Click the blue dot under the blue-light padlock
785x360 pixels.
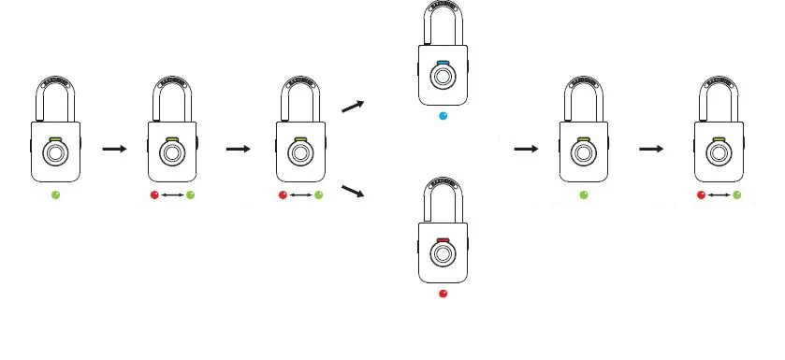(443, 117)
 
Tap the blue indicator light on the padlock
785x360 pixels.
(443, 64)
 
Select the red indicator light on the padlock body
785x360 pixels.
(443, 240)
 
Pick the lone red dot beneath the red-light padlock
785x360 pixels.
(443, 294)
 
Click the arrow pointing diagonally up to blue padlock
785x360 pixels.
(353, 106)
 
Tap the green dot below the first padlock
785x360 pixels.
(56, 194)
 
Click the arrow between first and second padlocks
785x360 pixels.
(113, 149)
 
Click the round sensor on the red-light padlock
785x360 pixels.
(443, 258)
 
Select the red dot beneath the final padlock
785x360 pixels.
(701, 194)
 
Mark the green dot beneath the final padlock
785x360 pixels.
(737, 194)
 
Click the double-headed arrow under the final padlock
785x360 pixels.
(719, 194)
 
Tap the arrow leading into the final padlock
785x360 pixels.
(652, 149)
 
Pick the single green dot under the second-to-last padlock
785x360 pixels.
(583, 194)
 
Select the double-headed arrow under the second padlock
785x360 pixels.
(171, 194)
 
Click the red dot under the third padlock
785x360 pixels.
(283, 194)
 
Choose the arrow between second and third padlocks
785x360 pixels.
(238, 149)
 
